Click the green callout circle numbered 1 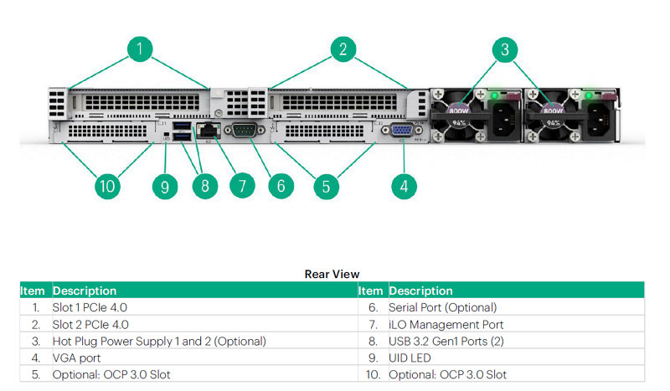coord(140,49)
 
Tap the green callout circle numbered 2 coord(342,49)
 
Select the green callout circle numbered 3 coord(504,49)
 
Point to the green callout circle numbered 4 coord(404,184)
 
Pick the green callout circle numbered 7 coord(241,184)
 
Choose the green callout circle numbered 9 coord(164,184)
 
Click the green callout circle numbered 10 coord(106,184)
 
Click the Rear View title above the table coord(332,274)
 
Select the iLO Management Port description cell coord(446,324)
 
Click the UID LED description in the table coord(411,358)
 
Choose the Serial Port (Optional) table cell coord(442,307)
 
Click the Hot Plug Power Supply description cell coord(159,341)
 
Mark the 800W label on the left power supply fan coord(458,109)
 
